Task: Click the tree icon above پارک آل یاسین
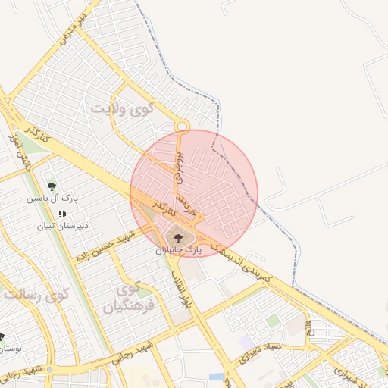[x=52, y=186]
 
